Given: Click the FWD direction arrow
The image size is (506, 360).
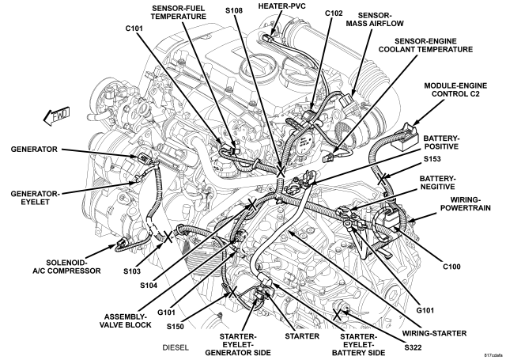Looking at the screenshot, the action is (56, 116).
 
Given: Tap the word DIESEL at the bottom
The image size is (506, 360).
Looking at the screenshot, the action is (176, 347).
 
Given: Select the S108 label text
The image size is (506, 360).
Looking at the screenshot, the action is (234, 10).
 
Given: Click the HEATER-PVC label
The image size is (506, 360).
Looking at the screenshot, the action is (282, 6).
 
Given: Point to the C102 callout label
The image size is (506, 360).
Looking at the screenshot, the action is (334, 13).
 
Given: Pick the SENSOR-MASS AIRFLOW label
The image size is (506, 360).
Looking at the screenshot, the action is (375, 19).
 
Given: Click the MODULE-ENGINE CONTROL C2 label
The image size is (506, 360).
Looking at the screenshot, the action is (455, 89).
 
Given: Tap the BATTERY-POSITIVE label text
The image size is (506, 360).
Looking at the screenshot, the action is (441, 142).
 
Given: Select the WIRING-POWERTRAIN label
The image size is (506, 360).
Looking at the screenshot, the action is (466, 203).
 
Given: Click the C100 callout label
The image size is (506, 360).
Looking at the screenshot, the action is (451, 267).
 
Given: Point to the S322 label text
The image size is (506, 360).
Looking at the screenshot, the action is (413, 347).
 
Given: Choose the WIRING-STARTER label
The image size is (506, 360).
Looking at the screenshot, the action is (434, 333).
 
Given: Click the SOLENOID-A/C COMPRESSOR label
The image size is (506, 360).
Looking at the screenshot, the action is (66, 267).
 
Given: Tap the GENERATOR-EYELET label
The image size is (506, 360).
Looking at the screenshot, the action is (35, 198).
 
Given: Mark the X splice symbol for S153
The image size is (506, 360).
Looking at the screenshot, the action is (382, 178).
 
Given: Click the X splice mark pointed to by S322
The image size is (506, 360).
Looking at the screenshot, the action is (337, 314).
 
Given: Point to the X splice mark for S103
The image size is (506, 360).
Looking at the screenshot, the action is (168, 237).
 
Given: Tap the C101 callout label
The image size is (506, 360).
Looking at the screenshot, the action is (134, 28).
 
